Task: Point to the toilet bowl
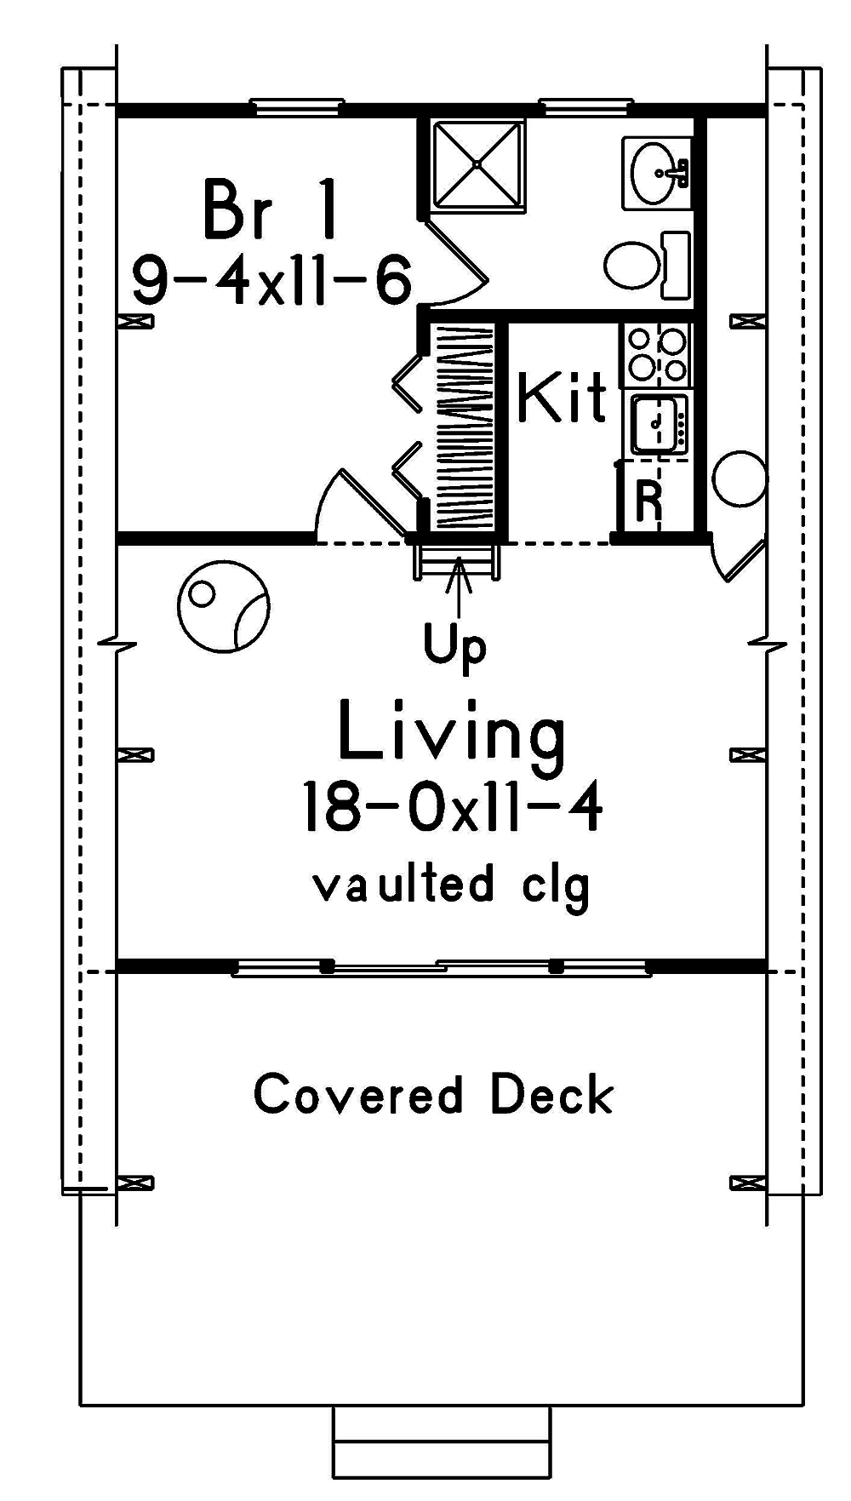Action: point(633,266)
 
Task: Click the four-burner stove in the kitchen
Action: point(656,354)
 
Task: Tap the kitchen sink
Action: point(655,423)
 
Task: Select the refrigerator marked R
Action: point(649,502)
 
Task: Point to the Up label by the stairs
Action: point(456,647)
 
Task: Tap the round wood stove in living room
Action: point(224,605)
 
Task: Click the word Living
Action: point(452,731)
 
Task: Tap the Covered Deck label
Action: point(434,1095)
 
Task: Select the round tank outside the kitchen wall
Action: point(739,480)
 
